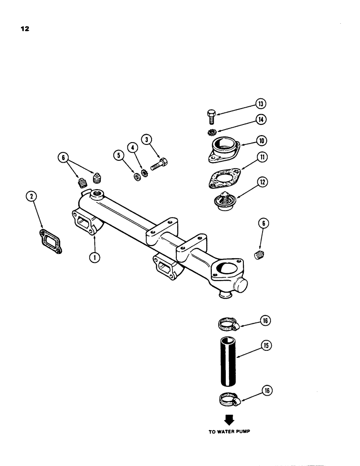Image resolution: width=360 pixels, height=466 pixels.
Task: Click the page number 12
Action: click(25, 29)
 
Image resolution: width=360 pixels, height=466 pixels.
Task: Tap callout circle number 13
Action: click(260, 104)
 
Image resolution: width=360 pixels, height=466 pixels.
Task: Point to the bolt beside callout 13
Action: click(210, 115)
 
